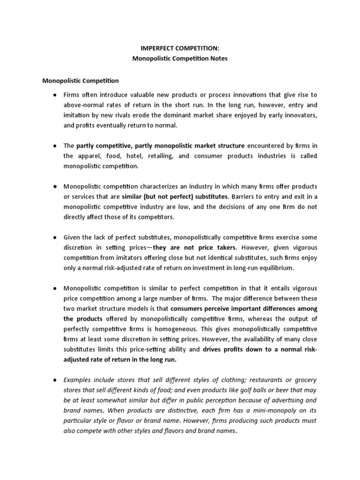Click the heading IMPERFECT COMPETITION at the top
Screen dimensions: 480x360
click(x=180, y=48)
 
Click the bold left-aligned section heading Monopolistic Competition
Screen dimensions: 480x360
click(x=81, y=81)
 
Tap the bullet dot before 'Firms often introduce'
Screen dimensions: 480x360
click(x=54, y=95)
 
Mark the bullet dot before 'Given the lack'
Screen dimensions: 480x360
click(x=54, y=237)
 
